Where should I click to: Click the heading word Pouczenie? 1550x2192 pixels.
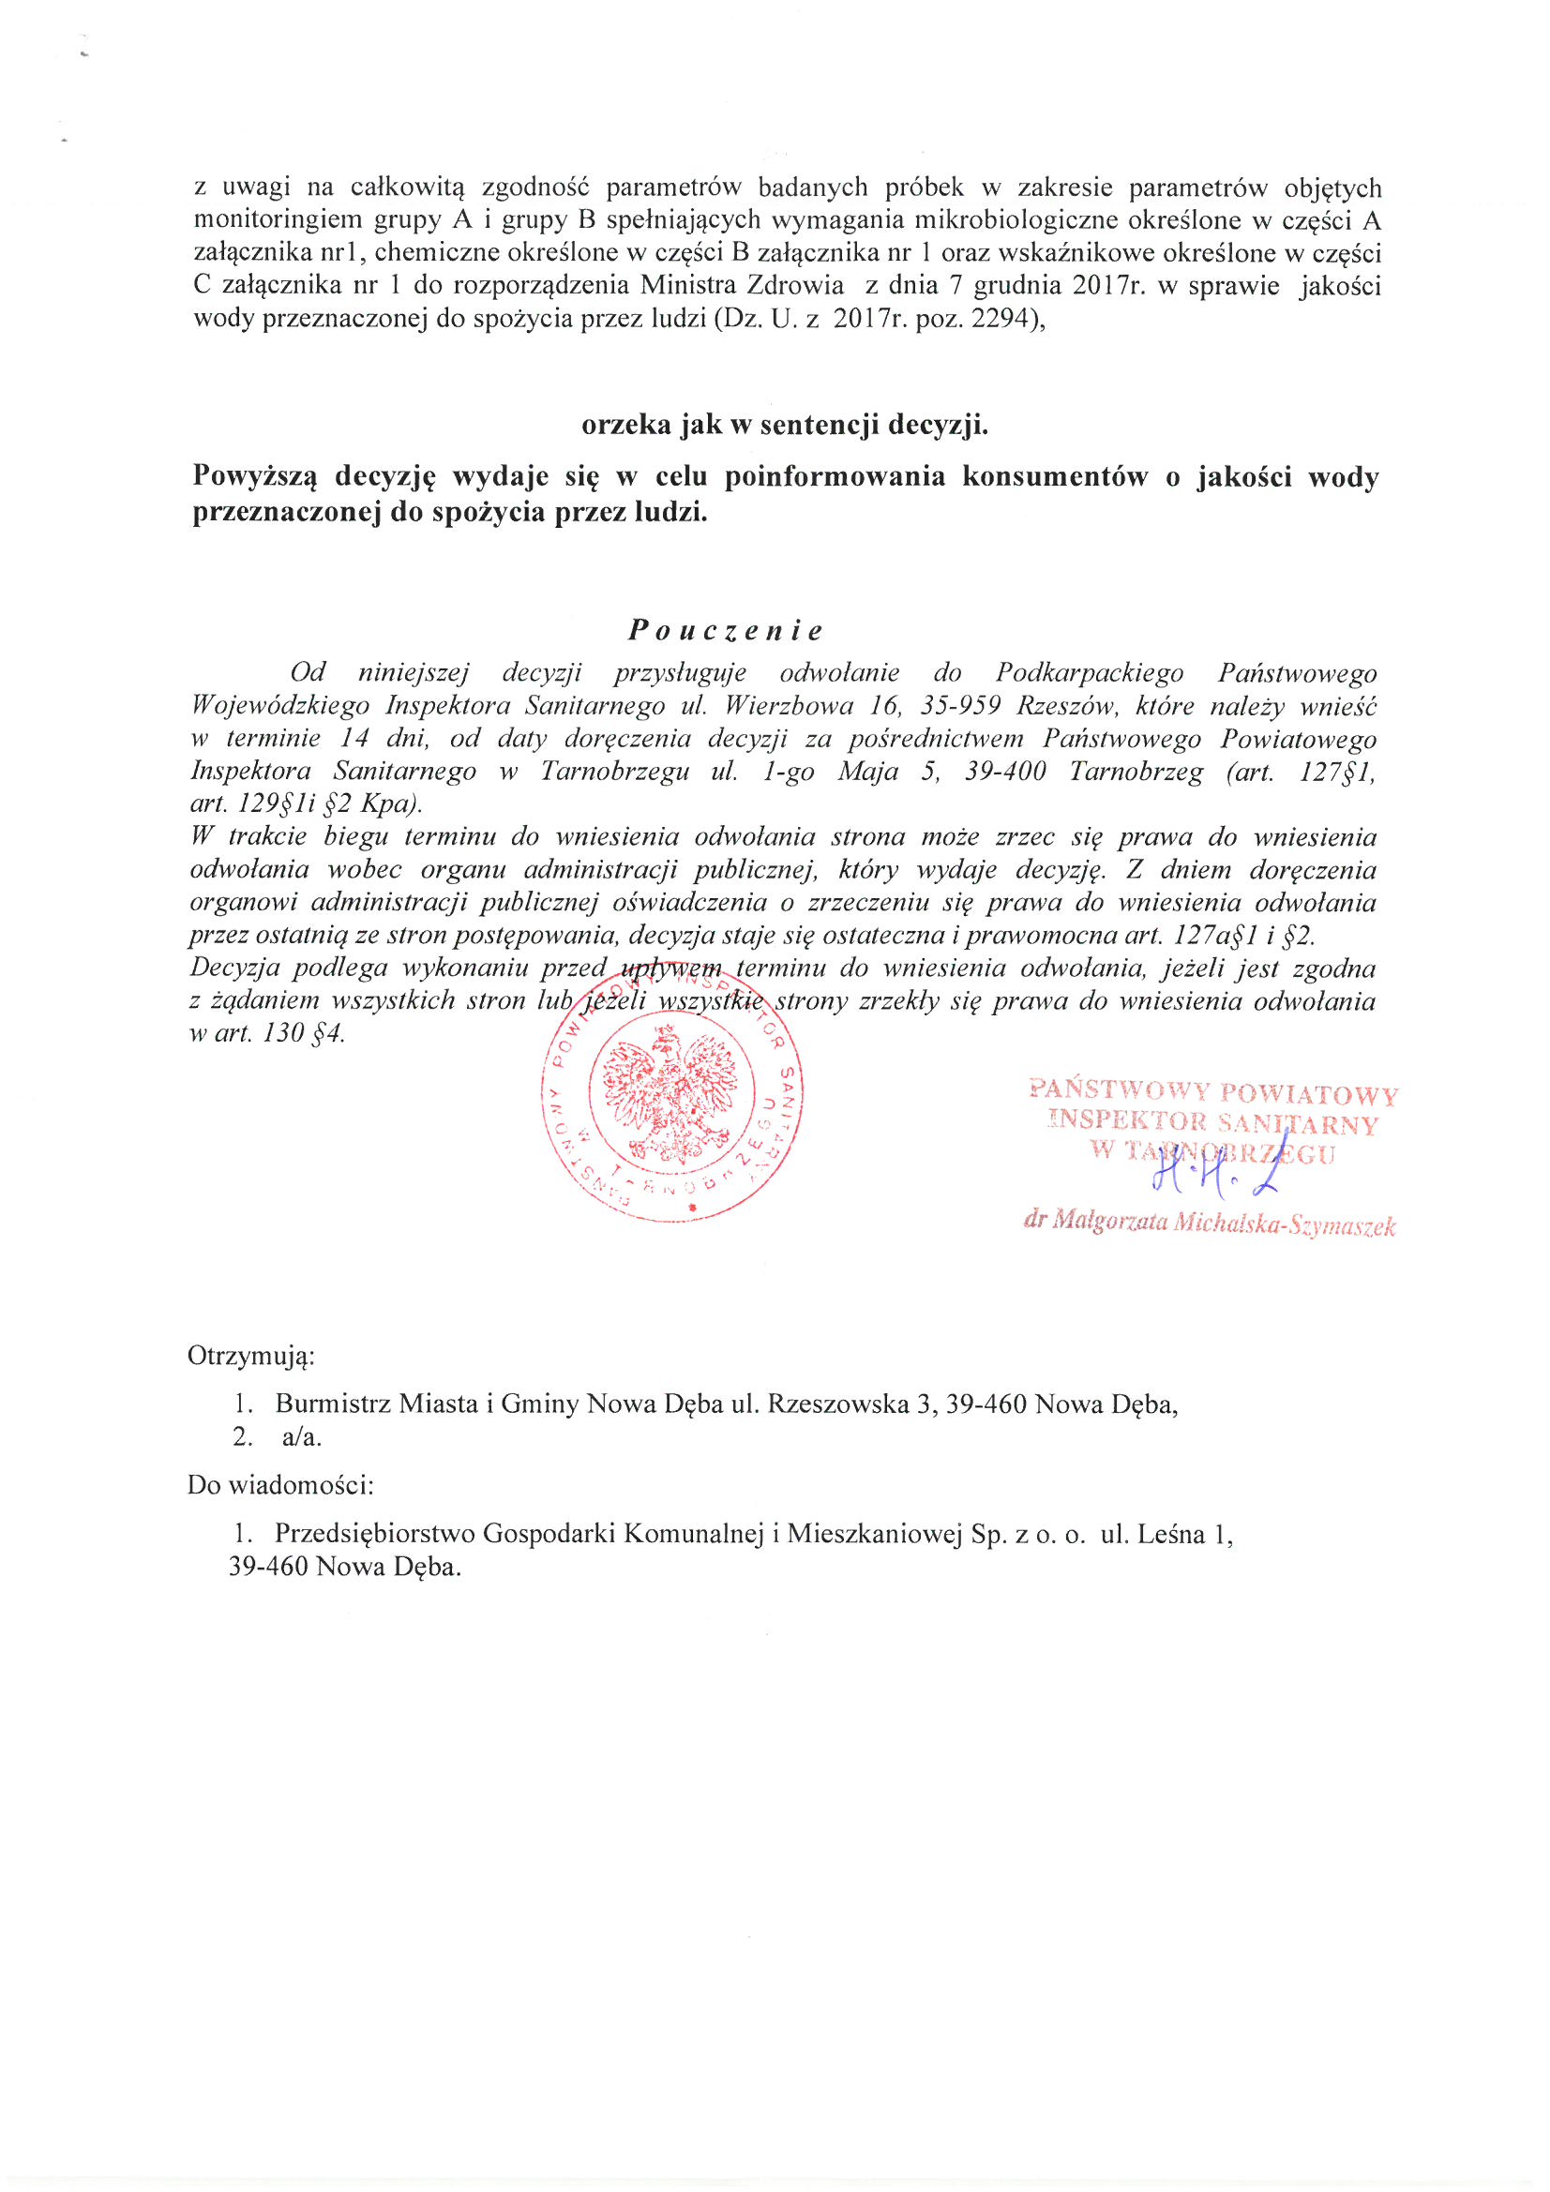725,630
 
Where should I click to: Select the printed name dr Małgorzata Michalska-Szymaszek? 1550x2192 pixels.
1209,1224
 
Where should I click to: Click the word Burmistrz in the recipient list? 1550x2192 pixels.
333,1404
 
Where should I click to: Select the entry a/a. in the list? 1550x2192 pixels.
302,1437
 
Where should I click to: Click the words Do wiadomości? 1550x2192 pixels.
279,1485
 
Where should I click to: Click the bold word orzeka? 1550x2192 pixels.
626,425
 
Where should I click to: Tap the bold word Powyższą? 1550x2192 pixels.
255,476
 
